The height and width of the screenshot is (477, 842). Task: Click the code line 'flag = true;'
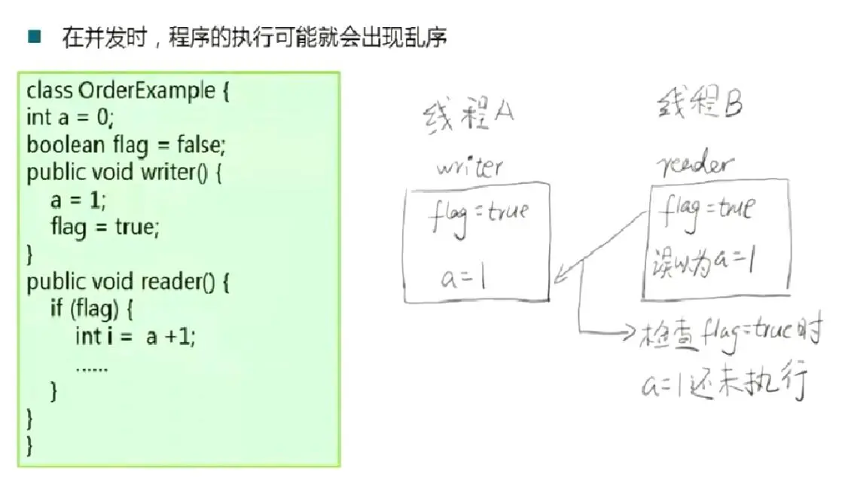[105, 226]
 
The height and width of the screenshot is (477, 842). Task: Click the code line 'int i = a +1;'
[136, 336]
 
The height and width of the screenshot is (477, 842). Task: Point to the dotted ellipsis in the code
[91, 368]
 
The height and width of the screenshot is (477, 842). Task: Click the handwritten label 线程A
[467, 114]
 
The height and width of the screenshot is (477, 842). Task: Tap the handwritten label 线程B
[698, 102]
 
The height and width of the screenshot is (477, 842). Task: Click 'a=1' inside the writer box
[464, 280]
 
